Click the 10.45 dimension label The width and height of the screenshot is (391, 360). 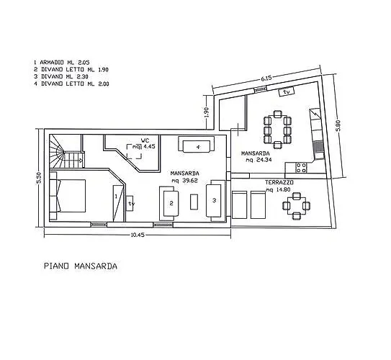138,235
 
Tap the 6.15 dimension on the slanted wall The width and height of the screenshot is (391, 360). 266,78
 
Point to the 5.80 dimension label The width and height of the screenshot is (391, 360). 338,126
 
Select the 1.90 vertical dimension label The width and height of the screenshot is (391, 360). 206,112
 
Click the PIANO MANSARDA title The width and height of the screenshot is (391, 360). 81,266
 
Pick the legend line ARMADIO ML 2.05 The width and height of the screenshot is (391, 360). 62,63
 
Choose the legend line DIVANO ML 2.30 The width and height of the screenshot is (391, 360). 61,76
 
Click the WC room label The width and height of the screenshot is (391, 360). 145,140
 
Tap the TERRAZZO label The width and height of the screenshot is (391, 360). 279,182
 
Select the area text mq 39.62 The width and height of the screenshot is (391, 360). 184,181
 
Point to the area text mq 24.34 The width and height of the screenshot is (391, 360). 259,160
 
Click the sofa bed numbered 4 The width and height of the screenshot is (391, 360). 197,145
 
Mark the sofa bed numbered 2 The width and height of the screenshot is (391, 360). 169,203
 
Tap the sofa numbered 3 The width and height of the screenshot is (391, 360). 216,200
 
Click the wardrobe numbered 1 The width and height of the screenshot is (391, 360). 118,203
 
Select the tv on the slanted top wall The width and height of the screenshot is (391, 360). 287,91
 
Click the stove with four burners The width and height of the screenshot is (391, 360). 301,168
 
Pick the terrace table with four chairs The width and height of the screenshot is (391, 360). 296,206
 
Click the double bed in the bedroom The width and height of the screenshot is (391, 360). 68,196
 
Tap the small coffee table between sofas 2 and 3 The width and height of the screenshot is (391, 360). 194,202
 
